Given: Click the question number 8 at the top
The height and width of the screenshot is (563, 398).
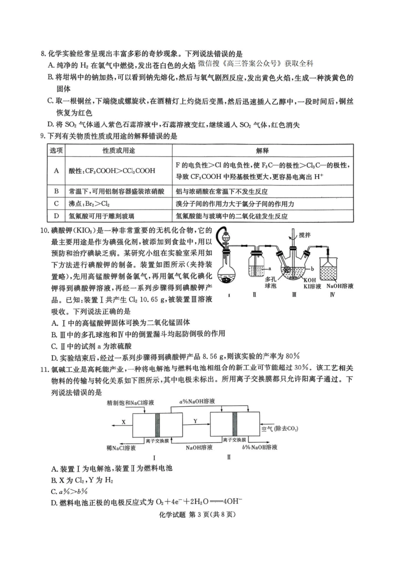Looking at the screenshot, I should [42, 54].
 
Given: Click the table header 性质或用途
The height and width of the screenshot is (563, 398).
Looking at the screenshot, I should [119, 150].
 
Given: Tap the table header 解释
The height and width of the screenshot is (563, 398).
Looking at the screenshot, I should [263, 150].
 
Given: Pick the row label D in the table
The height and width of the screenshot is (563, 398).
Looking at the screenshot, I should [56, 216].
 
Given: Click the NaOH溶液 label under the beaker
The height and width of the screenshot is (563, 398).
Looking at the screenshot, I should [340, 286].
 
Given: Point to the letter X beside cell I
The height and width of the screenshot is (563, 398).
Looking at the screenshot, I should [124, 422].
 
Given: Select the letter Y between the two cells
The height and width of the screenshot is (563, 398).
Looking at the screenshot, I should [196, 421].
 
